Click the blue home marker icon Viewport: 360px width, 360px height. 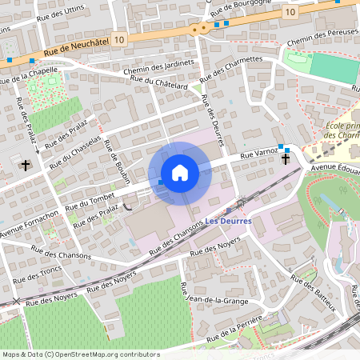(180, 173)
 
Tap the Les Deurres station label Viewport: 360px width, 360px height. (229, 221)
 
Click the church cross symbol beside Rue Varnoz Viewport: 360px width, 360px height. (286, 159)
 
